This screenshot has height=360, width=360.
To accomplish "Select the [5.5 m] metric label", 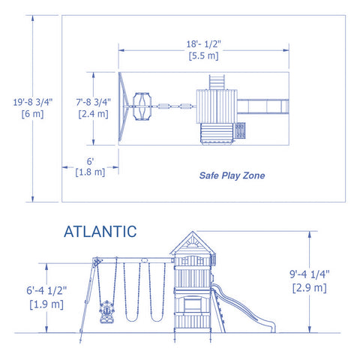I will click(x=204, y=56).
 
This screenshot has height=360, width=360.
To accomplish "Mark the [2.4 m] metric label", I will click(x=94, y=114).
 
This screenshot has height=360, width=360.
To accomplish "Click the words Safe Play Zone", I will click(x=232, y=176).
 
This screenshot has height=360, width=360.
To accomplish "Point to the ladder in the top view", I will click(x=216, y=81).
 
